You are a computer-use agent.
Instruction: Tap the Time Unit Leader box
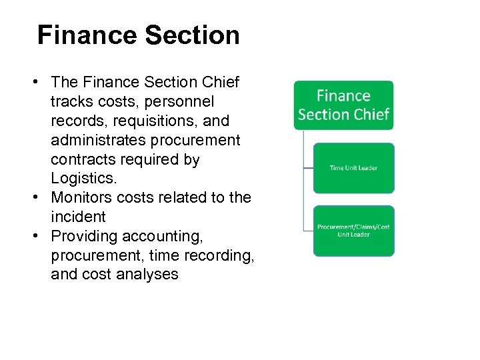click(353, 168)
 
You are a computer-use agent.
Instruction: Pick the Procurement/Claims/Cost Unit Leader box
click(353, 231)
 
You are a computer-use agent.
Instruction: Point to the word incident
click(78, 217)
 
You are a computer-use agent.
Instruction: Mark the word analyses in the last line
click(145, 275)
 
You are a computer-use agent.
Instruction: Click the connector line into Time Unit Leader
click(309, 168)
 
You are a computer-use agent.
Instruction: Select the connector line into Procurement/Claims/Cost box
click(309, 231)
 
